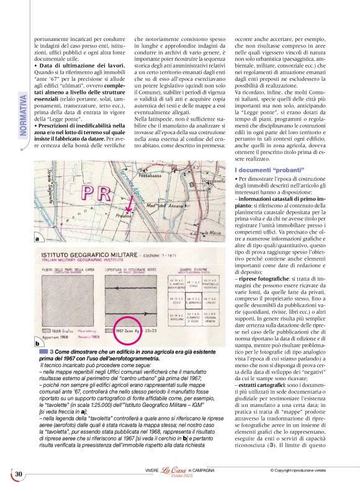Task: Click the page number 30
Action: pyautogui.click(x=19, y=475)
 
